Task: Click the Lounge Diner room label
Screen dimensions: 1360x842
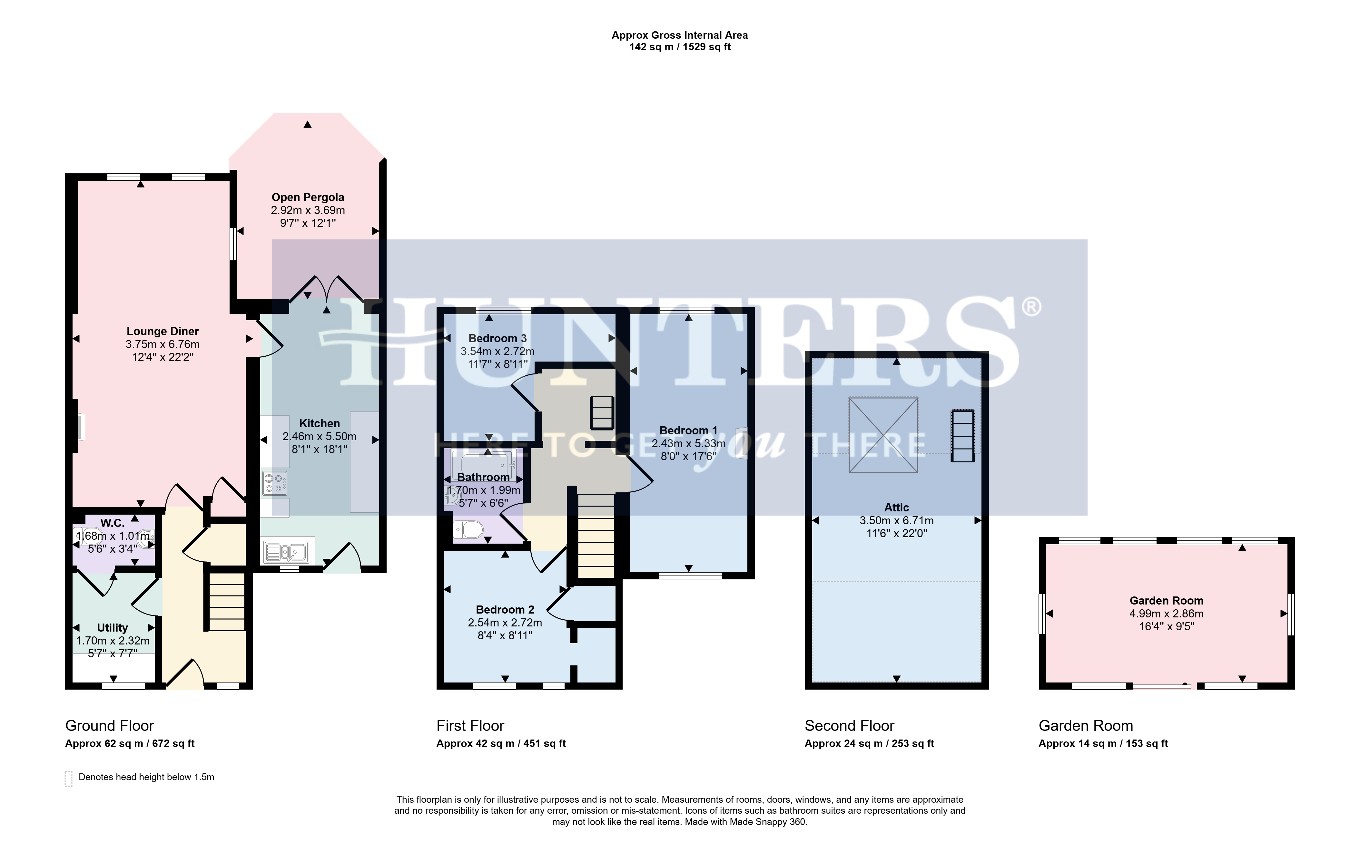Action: coord(163,331)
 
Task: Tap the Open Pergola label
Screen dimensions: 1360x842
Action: coord(308,197)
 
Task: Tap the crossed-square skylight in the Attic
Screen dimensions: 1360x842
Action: coord(883,435)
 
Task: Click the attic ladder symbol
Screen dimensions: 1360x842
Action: coord(963,435)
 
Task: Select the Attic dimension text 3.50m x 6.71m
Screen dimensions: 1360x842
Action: coord(896,520)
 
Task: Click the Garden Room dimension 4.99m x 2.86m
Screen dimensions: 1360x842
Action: coord(1166,613)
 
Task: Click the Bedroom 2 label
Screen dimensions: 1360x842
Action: coord(505,610)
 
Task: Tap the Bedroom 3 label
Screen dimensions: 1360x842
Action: coord(498,338)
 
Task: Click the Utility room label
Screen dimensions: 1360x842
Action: coord(113,628)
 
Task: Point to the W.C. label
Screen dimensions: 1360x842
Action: coord(113,523)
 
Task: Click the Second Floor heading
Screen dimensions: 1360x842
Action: coord(849,726)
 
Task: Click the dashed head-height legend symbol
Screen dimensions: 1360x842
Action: coord(69,779)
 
